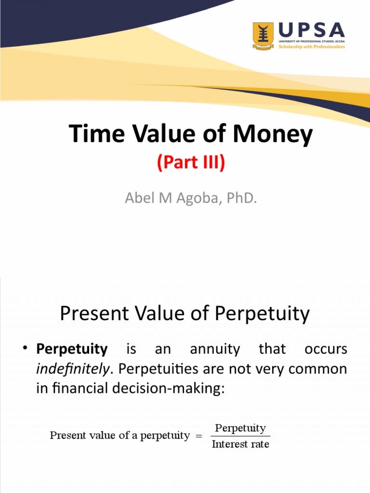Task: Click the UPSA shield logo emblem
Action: (x=263, y=36)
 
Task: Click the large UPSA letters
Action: (x=311, y=30)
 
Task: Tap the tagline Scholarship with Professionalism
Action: (x=312, y=47)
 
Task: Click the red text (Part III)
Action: (x=191, y=163)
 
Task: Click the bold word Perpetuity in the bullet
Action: (x=72, y=350)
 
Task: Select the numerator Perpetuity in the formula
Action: (x=240, y=428)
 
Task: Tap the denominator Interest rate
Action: (x=240, y=444)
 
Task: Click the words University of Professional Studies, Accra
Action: (x=312, y=41)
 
